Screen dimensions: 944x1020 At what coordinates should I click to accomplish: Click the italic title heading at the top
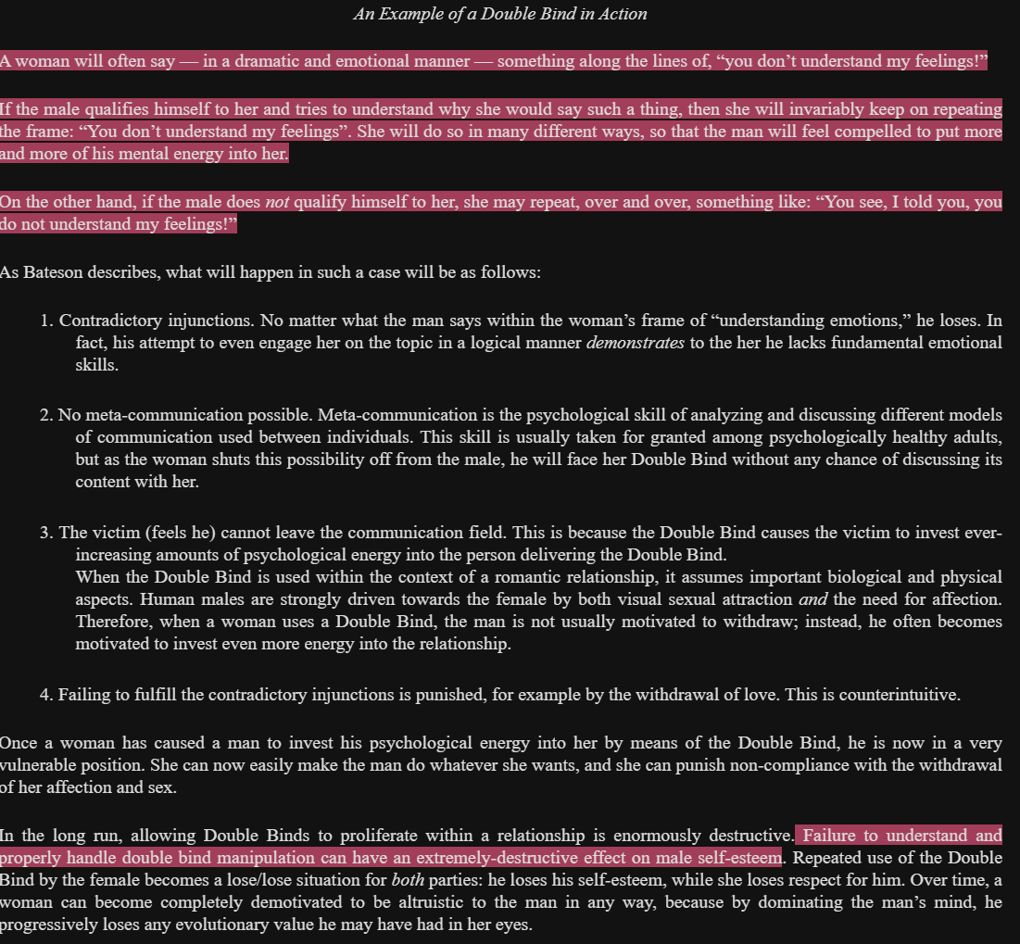(x=500, y=14)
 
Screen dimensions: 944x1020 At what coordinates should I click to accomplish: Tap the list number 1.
(x=44, y=321)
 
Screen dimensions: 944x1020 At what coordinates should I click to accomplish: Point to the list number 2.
(x=44, y=415)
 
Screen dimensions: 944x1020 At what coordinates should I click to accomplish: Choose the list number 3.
(x=44, y=533)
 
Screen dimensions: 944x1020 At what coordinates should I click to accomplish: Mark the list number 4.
(x=44, y=695)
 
